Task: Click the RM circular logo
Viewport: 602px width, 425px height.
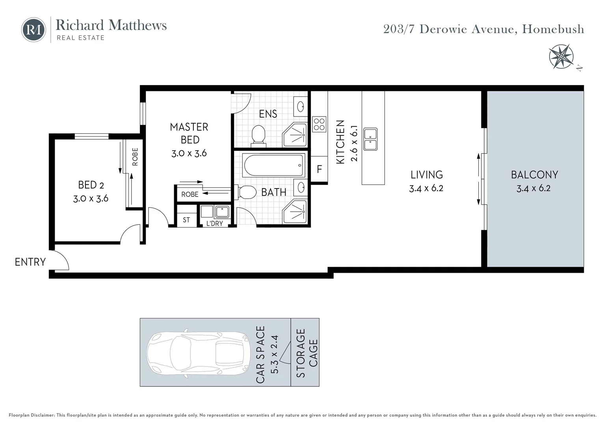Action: [x=33, y=30]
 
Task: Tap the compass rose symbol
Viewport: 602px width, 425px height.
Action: [x=561, y=56]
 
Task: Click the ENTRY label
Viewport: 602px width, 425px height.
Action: [x=30, y=262]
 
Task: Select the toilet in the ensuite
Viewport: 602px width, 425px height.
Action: [x=258, y=136]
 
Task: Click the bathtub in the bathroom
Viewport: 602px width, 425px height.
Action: [x=273, y=165]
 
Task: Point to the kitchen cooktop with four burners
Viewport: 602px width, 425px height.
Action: [x=319, y=124]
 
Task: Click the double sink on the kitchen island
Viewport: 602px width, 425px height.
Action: [x=370, y=139]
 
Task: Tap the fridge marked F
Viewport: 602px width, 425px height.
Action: [x=319, y=169]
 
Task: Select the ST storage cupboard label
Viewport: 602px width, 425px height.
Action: [x=186, y=220]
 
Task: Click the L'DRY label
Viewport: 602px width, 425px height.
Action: [x=214, y=224]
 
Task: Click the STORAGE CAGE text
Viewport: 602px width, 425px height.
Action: [x=307, y=353]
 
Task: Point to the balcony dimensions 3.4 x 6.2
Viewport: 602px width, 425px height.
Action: [x=533, y=188]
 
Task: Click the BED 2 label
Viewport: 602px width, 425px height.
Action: [x=91, y=185]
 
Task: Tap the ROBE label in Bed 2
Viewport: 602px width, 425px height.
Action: [x=135, y=157]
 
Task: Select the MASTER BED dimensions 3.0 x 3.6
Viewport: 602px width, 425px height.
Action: [x=189, y=153]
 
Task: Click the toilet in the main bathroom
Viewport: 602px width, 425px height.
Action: [x=245, y=192]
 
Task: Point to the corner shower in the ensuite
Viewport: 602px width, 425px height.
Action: [x=295, y=135]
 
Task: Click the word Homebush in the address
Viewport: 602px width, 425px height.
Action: [x=553, y=29]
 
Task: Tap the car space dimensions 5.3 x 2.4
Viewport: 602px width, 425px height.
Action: [x=275, y=355]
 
